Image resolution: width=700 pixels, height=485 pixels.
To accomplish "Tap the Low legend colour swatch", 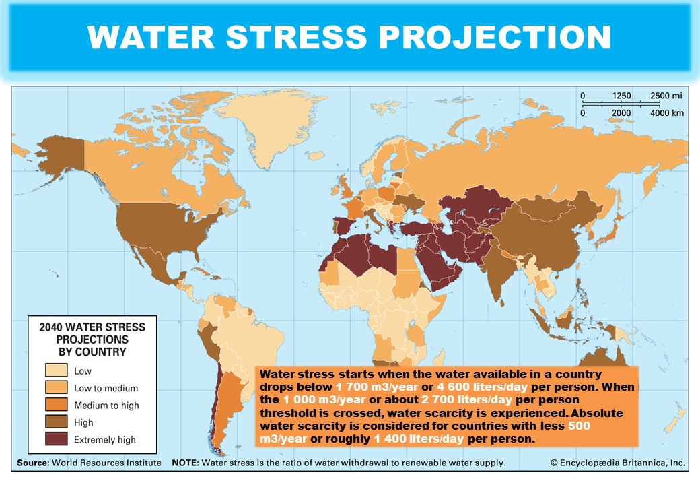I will (56, 370).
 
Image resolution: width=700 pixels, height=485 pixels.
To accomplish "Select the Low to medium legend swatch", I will (56, 388).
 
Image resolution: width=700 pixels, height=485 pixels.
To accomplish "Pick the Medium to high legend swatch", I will (56, 406).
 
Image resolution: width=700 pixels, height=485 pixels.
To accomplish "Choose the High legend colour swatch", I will (56, 423).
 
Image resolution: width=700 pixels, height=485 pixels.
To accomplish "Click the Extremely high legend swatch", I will (56, 440).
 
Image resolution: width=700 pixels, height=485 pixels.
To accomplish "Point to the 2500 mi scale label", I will (666, 96).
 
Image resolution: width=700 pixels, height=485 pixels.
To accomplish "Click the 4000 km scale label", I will (666, 112).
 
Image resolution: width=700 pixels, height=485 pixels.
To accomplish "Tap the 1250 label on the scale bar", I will (622, 96).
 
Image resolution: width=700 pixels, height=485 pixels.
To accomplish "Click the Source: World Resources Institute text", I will (89, 463).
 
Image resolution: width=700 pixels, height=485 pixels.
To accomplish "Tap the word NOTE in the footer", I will (185, 463).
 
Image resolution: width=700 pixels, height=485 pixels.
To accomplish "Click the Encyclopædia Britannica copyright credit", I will (617, 463).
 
